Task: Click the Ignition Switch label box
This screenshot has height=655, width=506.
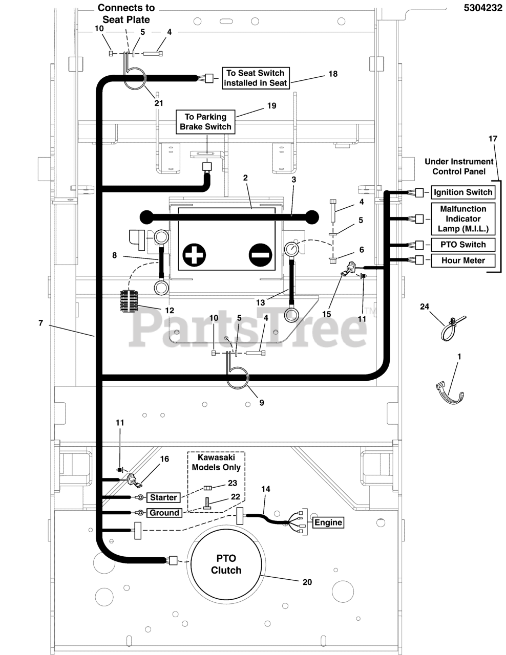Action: click(462, 192)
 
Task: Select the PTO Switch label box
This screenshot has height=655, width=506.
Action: click(462, 245)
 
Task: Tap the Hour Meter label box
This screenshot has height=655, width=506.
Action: click(462, 260)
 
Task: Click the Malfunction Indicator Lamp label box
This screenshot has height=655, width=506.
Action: click(462, 219)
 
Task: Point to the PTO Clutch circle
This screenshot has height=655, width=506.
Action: click(226, 563)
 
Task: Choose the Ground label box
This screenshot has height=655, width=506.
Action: click(164, 513)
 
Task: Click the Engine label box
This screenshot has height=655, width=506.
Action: click(328, 522)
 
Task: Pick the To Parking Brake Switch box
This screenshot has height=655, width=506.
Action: click(205, 122)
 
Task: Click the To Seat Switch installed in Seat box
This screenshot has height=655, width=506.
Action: click(256, 78)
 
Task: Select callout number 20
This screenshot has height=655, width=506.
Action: click(307, 582)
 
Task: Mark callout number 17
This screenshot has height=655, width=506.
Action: click(493, 139)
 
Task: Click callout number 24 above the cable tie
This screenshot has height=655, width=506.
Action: click(424, 307)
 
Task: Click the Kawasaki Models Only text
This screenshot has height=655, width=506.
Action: click(216, 462)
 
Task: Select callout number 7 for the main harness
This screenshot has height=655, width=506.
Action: click(40, 323)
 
